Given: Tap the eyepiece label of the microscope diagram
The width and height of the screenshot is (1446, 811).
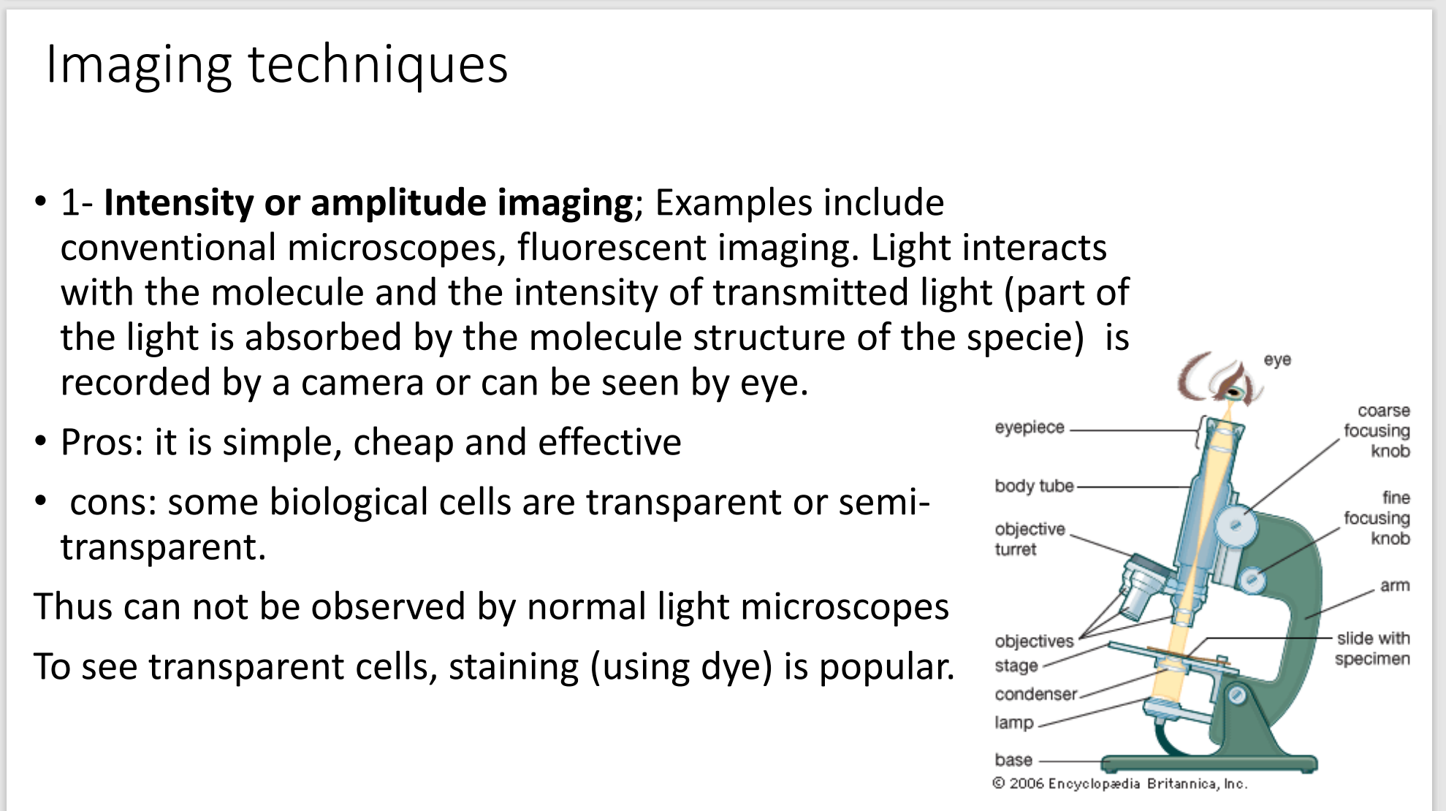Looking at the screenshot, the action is point(1030,428).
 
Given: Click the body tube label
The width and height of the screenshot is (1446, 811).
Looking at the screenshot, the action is point(1034,486).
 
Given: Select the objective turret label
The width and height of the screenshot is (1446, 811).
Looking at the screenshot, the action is point(1030,538).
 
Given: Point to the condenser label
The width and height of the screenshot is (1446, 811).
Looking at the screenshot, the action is point(1035,694).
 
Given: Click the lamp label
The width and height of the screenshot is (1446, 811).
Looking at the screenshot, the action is point(1014,723).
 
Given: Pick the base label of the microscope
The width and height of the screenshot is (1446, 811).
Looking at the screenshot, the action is point(1013,760).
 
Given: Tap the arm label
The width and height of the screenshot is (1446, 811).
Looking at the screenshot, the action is point(1395,586).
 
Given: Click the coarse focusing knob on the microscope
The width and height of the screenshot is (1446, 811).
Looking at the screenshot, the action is point(1236,524).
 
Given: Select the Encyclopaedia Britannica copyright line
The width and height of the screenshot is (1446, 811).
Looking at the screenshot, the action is point(1119,784).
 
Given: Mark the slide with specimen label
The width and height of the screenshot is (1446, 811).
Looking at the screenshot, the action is point(1372,649).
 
